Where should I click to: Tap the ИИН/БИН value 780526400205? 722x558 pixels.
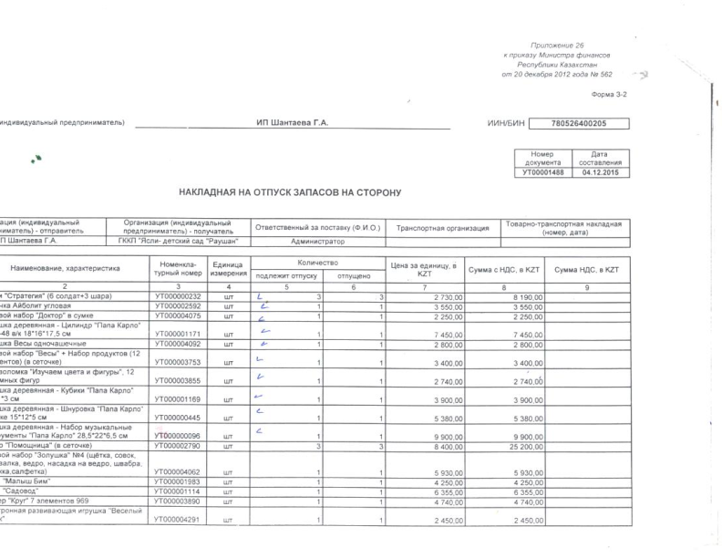pyautogui.click(x=580, y=123)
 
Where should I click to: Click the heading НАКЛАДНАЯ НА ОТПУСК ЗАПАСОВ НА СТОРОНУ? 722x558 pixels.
pyautogui.click(x=289, y=192)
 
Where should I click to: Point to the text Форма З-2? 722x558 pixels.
pyautogui.click(x=609, y=95)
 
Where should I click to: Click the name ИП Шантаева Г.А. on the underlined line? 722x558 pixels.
pyautogui.click(x=292, y=123)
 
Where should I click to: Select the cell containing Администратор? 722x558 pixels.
pyautogui.click(x=317, y=242)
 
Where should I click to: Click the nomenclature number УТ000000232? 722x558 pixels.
pyautogui.click(x=178, y=297)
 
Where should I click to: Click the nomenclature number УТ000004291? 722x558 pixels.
pyautogui.click(x=178, y=521)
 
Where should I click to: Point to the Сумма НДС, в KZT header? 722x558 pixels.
pyautogui.click(x=586, y=270)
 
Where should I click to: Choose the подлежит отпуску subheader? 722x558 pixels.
pyautogui.click(x=285, y=274)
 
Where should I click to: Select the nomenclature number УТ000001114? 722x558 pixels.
pyautogui.click(x=178, y=491)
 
